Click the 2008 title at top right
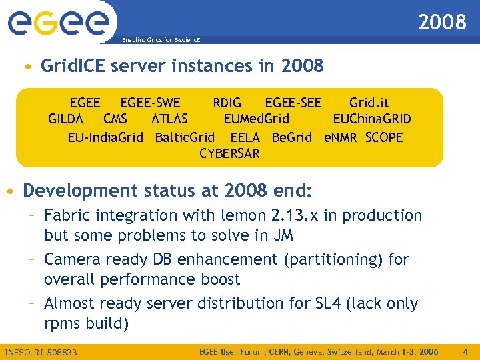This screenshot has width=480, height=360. coord(442,23)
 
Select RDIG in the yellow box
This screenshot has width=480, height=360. coord(227,103)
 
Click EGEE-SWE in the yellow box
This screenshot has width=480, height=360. coord(150,103)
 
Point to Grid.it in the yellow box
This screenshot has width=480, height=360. coord(369,103)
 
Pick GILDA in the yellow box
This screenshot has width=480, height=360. coord(65,119)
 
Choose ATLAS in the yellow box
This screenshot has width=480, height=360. coord(169,119)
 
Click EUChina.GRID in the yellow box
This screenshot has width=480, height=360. coord(371,119)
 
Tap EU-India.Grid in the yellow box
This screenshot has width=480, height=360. coord(105,137)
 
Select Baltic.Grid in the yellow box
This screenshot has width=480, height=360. coord(185,137)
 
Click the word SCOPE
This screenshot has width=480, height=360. coord(384,137)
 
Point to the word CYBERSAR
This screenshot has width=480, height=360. coord(229,154)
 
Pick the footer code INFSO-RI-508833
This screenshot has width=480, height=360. coord(41,352)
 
